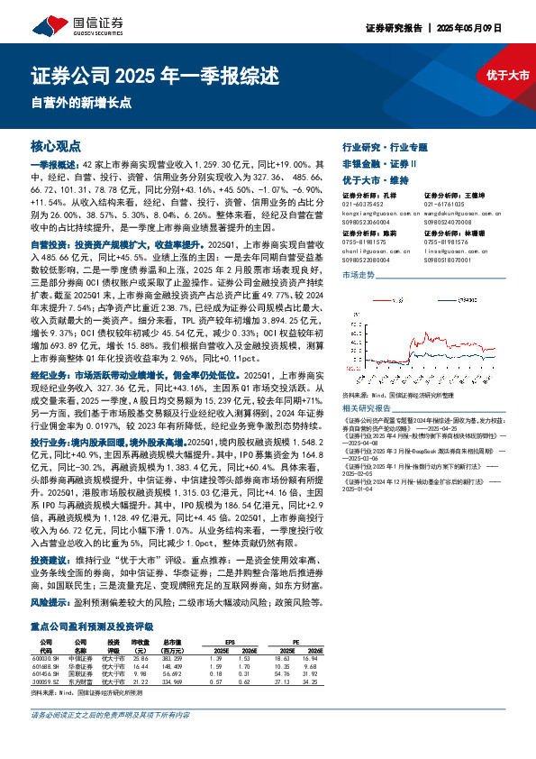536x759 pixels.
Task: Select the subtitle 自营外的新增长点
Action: pyautogui.click(x=74, y=101)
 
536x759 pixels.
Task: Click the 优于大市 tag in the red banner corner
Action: pyautogui.click(x=502, y=75)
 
